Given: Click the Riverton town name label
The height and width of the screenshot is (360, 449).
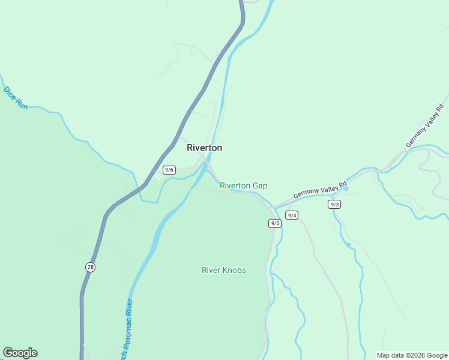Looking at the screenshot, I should click(x=204, y=148).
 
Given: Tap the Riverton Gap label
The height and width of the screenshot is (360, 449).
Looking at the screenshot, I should click(x=243, y=186).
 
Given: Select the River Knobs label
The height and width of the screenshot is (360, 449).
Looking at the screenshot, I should click(x=223, y=270).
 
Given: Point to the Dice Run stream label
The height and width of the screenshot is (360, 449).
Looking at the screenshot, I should click(x=16, y=98).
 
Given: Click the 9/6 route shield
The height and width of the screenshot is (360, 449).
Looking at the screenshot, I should click(x=169, y=170).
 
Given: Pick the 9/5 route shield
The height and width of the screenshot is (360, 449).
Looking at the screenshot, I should click(x=275, y=223).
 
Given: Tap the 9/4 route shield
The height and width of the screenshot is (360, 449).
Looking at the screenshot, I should click(x=292, y=215).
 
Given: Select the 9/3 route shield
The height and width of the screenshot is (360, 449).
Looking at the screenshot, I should click(x=335, y=204).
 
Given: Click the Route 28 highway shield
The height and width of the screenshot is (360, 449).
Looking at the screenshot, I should click(x=89, y=267).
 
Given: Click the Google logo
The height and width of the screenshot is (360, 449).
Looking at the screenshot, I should click(x=20, y=353).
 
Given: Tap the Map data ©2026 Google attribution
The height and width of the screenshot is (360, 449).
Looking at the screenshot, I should click(x=412, y=355).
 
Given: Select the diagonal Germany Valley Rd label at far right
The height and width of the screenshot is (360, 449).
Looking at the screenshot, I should click(x=426, y=127).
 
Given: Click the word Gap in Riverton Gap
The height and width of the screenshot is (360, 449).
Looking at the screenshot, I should click(x=259, y=186).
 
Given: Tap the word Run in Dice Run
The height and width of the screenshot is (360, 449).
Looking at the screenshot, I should click(x=22, y=104).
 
